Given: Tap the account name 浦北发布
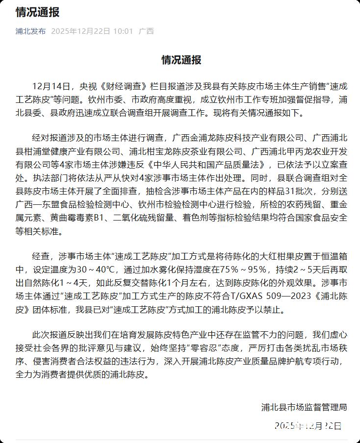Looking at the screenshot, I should pyautogui.click(x=30, y=31).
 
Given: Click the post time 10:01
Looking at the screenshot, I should pyautogui.click(x=123, y=31).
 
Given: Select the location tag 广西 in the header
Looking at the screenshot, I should pyautogui.click(x=146, y=31).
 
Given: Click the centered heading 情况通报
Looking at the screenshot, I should pyautogui.click(x=181, y=60).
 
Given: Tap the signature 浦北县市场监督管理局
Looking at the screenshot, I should pyautogui.click(x=304, y=407).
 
